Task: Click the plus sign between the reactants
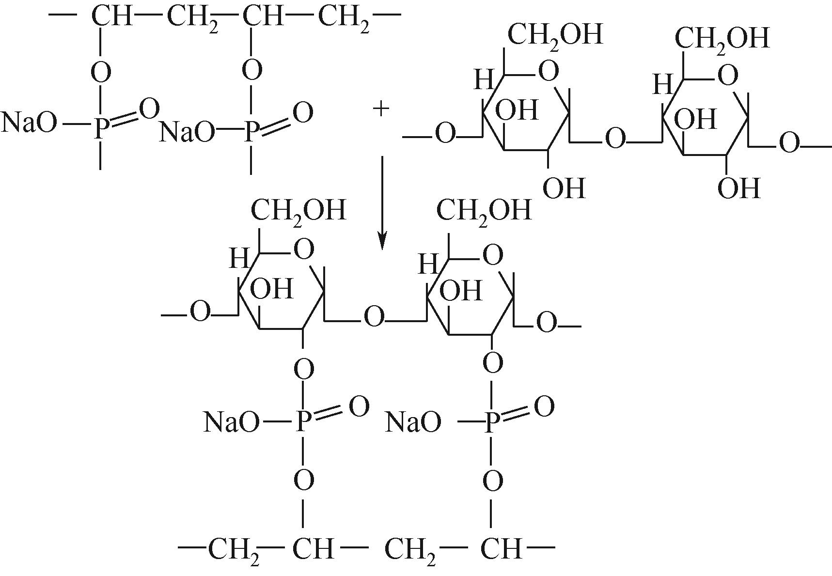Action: pos(381,109)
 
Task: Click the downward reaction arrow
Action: pos(382,203)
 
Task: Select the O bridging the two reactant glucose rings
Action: pos(615,140)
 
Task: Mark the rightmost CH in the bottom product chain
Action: pos(502,550)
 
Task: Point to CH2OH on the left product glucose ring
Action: pos(298,211)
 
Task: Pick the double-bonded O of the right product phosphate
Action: pos(544,407)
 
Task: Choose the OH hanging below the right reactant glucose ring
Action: pos(738,188)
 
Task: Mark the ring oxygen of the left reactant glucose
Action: pos(549,72)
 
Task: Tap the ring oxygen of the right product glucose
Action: pos(493,255)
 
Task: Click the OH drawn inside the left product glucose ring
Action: pos(272,289)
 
